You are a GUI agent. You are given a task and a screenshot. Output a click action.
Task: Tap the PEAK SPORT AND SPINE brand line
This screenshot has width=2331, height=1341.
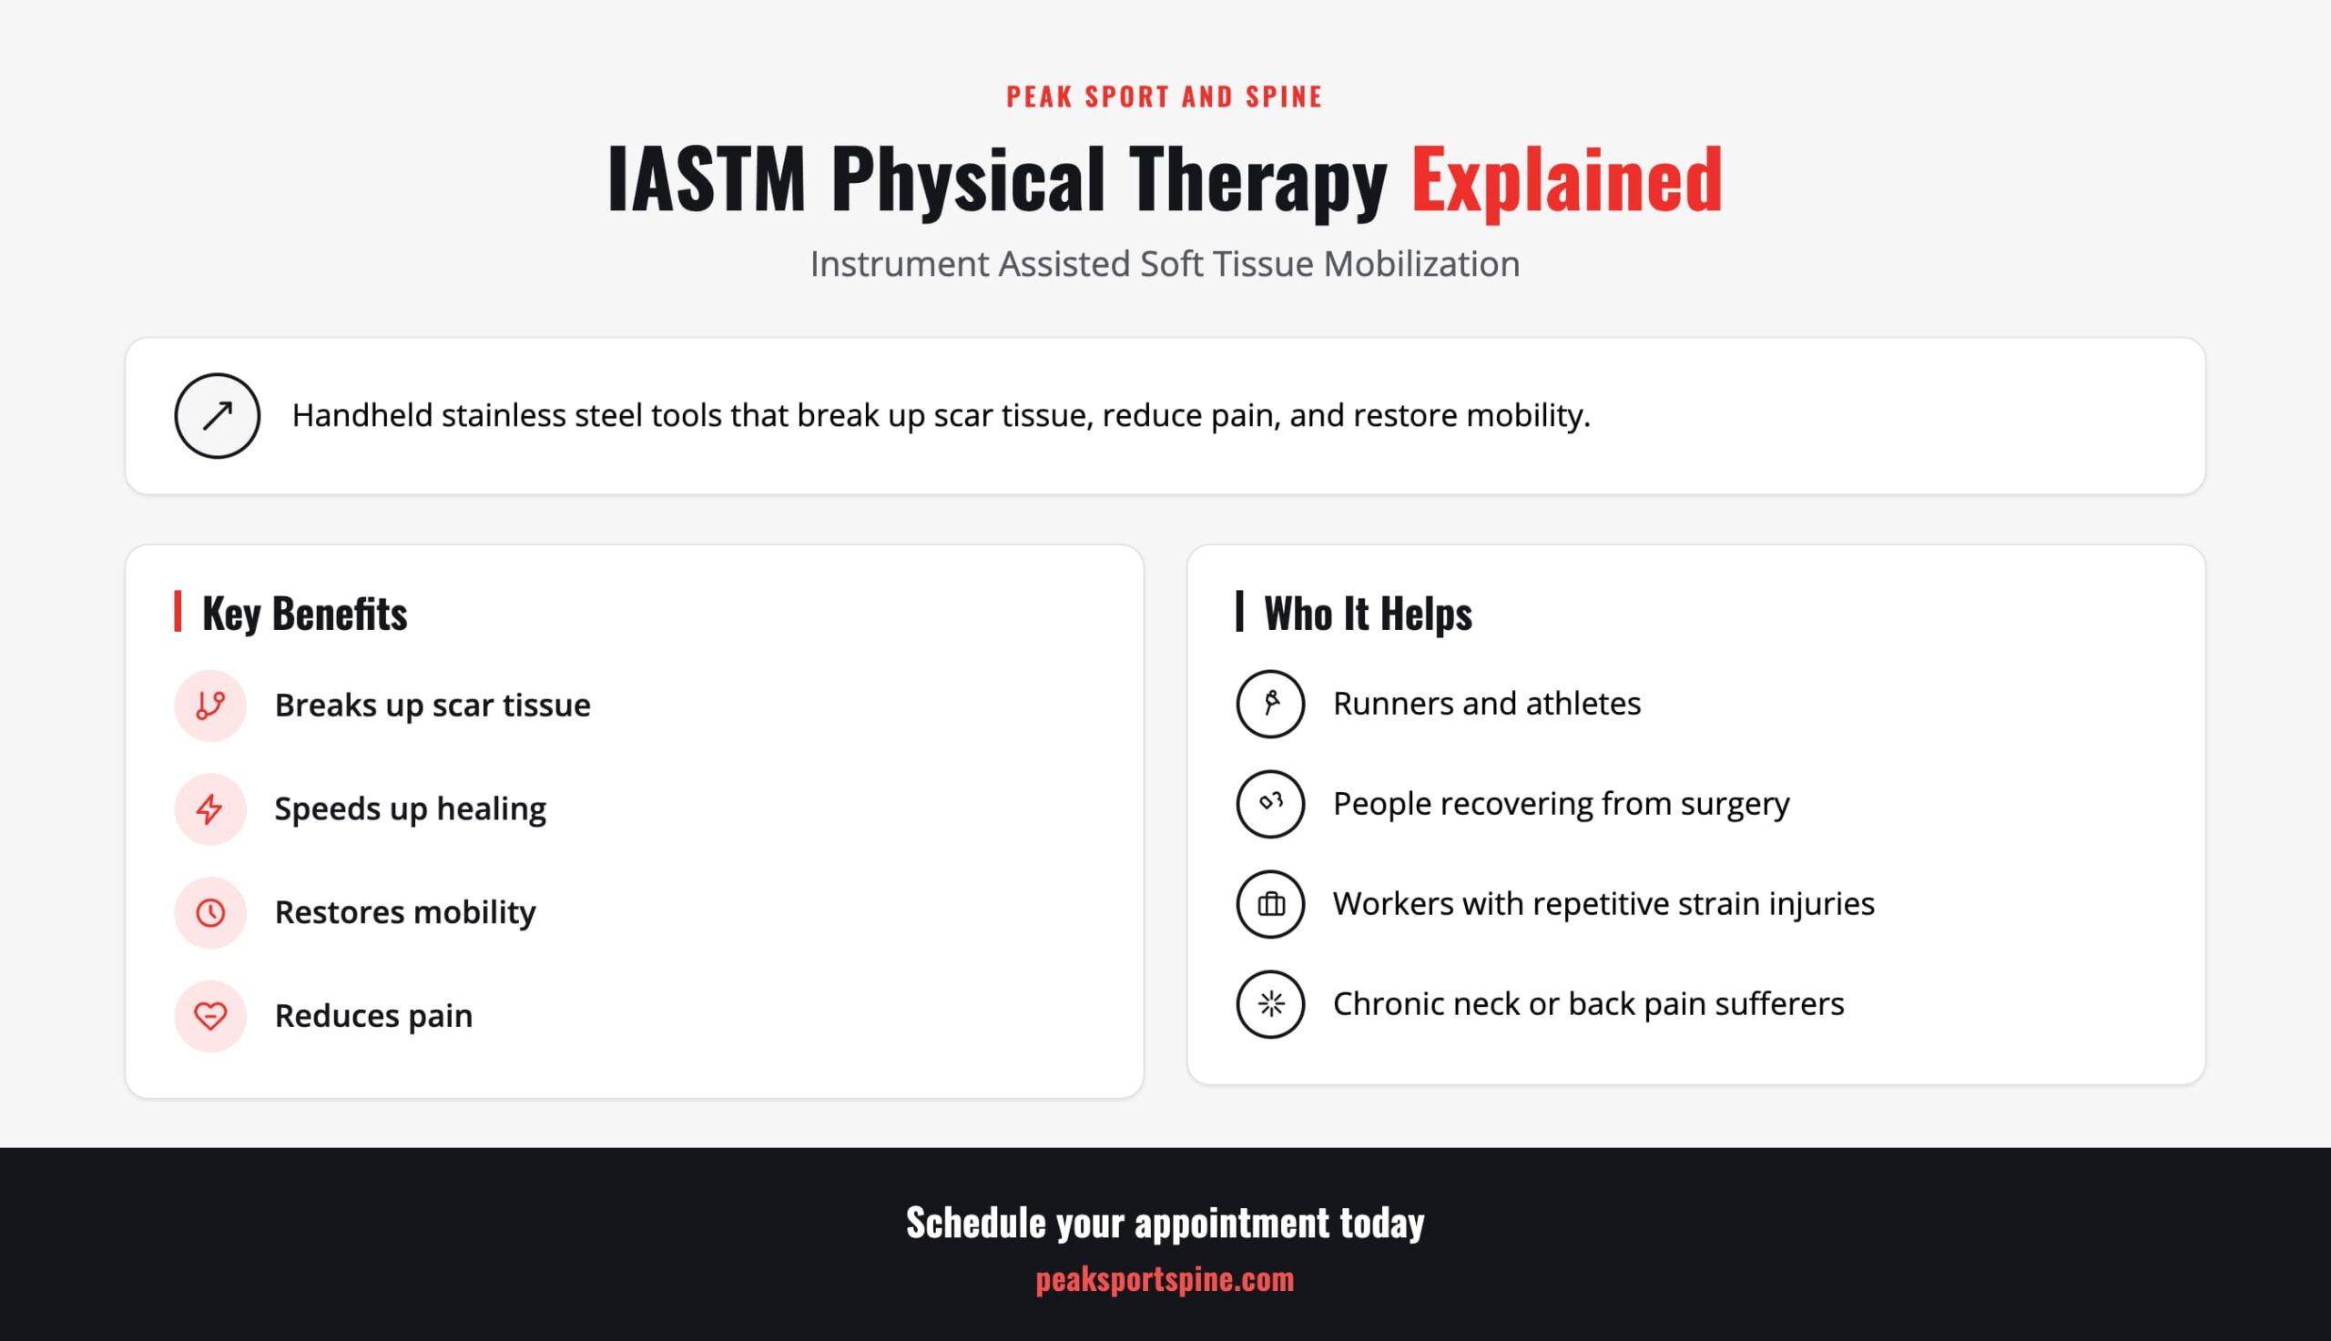tap(1165, 97)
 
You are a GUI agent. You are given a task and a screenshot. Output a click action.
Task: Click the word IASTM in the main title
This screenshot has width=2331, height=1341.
tap(707, 178)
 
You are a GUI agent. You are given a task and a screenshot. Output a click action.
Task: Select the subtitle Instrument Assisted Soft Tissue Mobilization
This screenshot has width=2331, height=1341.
tap(1165, 264)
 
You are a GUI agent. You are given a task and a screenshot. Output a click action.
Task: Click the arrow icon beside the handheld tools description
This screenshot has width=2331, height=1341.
tap(218, 415)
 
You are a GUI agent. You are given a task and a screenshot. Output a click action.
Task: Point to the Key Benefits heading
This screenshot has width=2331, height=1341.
tap(305, 614)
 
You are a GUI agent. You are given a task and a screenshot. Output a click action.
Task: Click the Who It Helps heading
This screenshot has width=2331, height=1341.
tap(1368, 614)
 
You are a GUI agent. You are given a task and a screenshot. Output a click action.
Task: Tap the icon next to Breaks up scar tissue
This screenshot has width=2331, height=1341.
tap(210, 706)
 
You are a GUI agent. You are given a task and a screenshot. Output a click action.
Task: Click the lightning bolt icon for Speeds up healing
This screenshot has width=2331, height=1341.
tap(210, 808)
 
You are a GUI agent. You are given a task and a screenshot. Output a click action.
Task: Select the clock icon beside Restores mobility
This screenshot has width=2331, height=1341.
tap(210, 913)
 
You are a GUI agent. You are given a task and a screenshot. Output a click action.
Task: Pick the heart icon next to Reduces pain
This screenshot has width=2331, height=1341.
tap(210, 1016)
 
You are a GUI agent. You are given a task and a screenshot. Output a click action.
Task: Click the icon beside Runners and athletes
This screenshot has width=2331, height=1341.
tap(1270, 704)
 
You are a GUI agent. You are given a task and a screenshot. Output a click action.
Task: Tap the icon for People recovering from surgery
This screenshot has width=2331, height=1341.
tap(1270, 804)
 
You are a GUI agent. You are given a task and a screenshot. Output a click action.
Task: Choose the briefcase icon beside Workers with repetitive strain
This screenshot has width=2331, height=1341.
tap(1270, 904)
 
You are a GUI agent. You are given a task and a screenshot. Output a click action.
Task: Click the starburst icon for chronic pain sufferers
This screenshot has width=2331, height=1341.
tap(1270, 1004)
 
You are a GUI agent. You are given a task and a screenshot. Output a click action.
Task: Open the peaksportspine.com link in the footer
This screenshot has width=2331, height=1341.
tap(1165, 1279)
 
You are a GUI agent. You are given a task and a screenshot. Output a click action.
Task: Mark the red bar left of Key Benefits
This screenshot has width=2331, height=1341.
tap(178, 612)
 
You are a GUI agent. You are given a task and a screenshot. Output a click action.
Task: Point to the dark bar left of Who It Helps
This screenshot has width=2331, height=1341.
tap(1239, 612)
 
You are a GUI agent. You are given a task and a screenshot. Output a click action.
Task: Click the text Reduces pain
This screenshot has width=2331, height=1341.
tap(374, 1016)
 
